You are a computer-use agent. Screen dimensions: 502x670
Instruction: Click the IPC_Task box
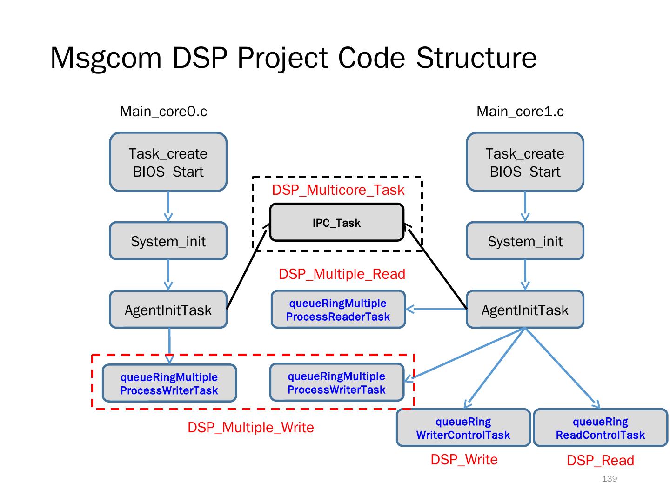click(x=336, y=223)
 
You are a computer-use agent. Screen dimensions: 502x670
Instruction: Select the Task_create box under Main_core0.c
click(x=168, y=162)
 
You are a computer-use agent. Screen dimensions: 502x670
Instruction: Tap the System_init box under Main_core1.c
click(x=525, y=241)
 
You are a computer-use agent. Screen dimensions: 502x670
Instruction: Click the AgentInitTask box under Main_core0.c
click(x=168, y=310)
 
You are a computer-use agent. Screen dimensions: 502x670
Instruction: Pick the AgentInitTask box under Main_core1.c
click(x=525, y=310)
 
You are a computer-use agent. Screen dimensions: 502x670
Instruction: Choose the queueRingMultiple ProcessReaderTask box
click(x=338, y=310)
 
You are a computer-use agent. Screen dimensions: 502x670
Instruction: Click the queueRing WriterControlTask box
click(x=463, y=428)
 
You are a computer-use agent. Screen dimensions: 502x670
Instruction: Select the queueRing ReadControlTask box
click(x=600, y=428)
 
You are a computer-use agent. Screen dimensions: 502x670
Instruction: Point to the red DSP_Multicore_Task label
click(x=338, y=190)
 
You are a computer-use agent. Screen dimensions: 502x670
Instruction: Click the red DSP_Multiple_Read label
click(x=342, y=274)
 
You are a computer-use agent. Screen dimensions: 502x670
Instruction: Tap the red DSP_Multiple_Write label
click(x=251, y=428)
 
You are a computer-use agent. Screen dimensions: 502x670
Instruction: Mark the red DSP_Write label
click(x=464, y=460)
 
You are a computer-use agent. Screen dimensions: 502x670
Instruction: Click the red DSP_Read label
click(x=600, y=461)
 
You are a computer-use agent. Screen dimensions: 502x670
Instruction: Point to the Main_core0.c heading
click(x=163, y=112)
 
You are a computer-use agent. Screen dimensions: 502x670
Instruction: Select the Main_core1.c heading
click(x=520, y=112)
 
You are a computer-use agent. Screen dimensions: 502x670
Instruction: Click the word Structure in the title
click(x=476, y=58)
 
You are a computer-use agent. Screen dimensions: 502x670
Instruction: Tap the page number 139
click(x=610, y=479)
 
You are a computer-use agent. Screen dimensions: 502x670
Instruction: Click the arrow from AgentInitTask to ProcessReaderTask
click(x=436, y=309)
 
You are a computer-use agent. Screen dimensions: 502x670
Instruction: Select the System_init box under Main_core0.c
click(x=168, y=241)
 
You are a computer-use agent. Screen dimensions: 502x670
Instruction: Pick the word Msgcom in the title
click(x=106, y=58)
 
